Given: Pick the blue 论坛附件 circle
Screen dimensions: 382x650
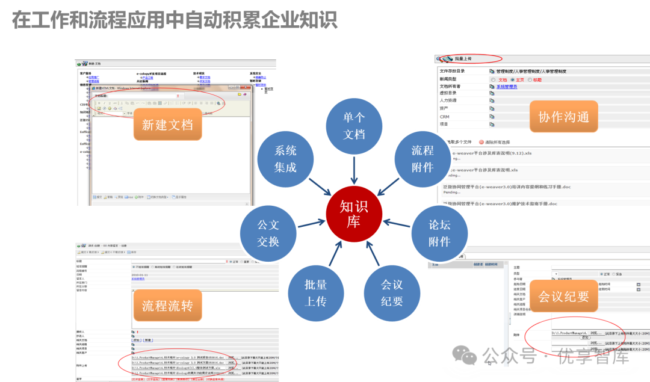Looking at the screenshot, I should [x=439, y=233].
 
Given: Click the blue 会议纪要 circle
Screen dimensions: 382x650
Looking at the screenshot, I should [x=392, y=292].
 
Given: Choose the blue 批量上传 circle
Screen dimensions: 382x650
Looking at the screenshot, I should [x=315, y=292].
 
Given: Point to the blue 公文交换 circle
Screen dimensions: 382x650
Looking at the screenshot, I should [x=268, y=233].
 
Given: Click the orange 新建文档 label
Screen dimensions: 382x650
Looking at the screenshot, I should [x=167, y=125].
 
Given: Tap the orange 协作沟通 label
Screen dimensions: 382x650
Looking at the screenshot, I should [x=563, y=117].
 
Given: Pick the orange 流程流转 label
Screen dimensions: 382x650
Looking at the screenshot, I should [x=167, y=305].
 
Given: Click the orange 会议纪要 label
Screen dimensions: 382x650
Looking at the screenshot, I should [x=563, y=296].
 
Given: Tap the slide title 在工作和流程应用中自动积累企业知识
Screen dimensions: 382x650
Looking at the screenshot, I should [x=175, y=20].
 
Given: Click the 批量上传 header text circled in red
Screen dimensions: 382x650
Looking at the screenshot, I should [x=463, y=59].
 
